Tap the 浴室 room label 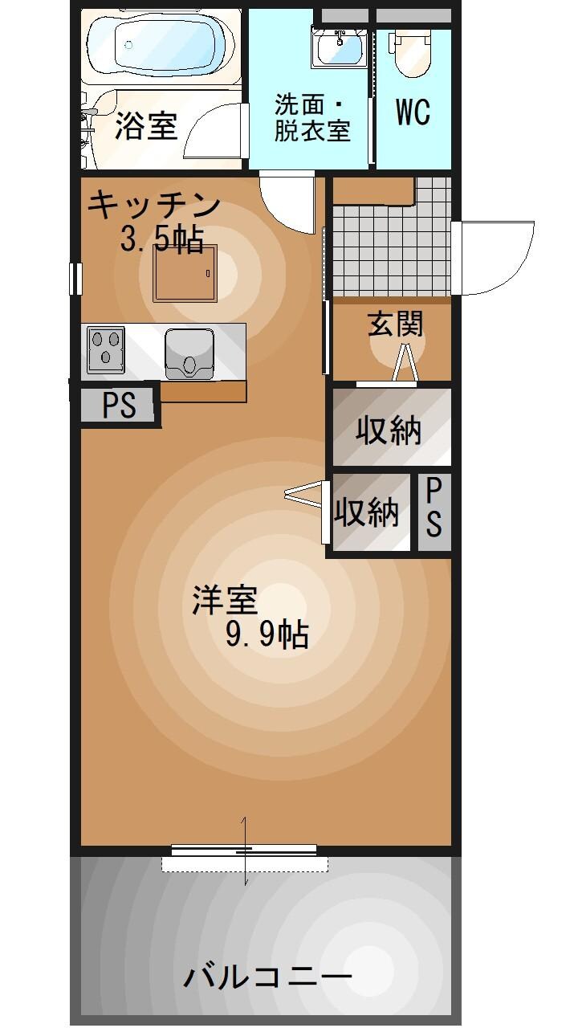(146, 126)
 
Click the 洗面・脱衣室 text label (311, 118)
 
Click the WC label (413, 113)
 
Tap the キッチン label (153, 206)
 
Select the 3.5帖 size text (161, 239)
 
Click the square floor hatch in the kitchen (185, 273)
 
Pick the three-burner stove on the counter (105, 349)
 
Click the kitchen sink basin (190, 353)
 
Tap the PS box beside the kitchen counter (119, 406)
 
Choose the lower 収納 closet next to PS (367, 512)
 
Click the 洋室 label (224, 600)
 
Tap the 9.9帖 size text (267, 635)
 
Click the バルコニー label (268, 977)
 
